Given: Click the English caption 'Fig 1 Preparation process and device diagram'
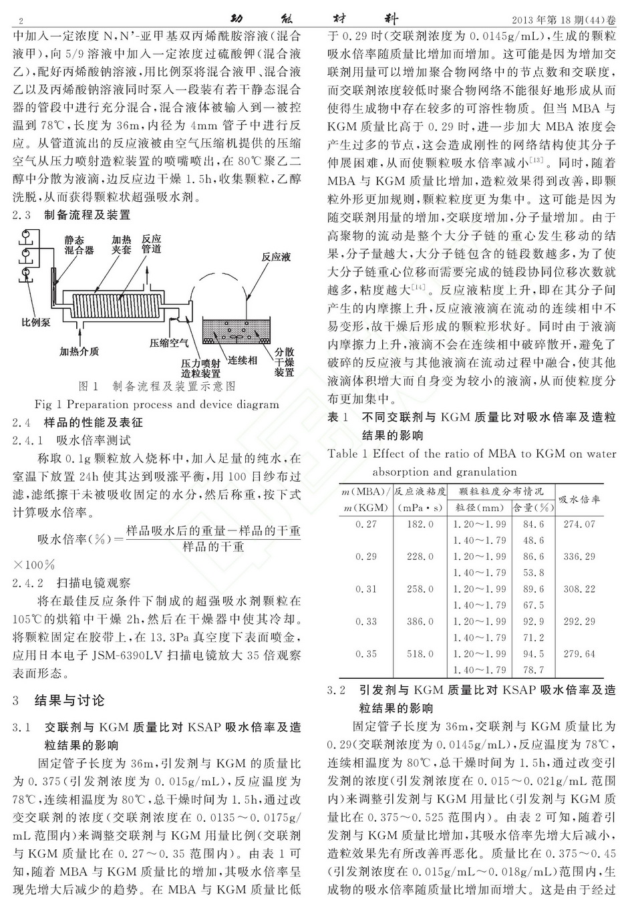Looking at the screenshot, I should click(156, 404).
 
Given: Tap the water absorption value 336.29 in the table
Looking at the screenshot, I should click(579, 556).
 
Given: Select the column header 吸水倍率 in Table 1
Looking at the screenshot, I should click(579, 499).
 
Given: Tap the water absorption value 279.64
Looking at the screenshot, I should click(579, 653).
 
